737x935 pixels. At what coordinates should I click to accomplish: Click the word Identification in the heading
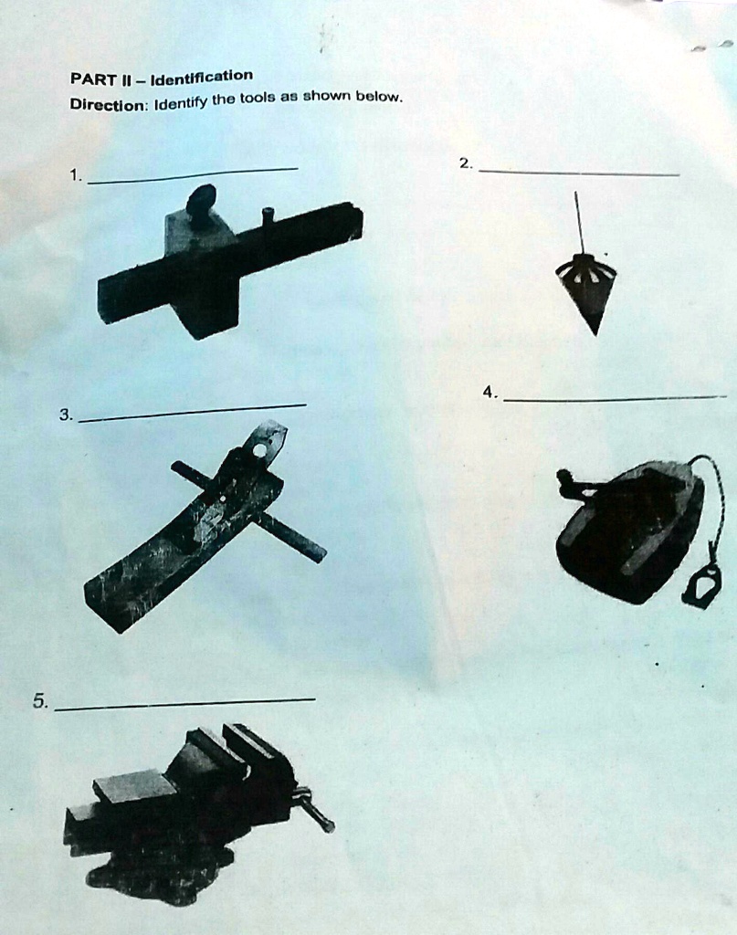[x=202, y=76]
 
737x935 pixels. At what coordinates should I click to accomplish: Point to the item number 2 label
[x=466, y=163]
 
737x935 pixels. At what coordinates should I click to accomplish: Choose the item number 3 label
[x=65, y=415]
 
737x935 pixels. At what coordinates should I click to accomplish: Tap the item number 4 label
[x=490, y=392]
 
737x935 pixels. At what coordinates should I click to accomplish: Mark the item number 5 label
[x=39, y=701]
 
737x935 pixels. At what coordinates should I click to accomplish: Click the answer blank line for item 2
[x=579, y=173]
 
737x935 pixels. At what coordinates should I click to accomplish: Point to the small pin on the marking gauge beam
[x=268, y=216]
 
